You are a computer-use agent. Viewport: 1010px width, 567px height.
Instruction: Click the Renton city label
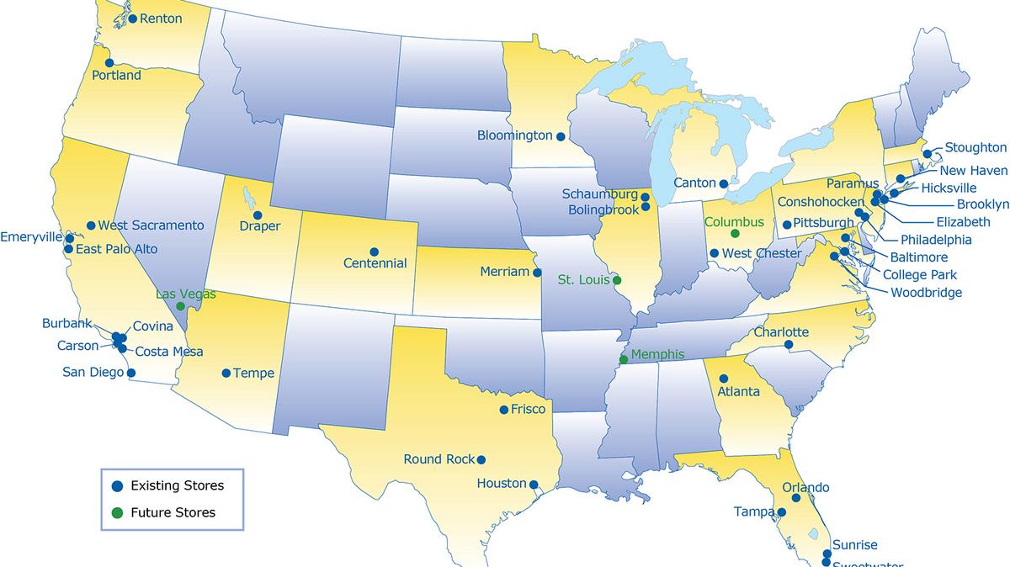(160, 18)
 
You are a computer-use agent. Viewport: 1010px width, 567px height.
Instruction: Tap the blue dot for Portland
(107, 62)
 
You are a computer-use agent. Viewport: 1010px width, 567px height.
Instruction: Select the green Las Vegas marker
(180, 307)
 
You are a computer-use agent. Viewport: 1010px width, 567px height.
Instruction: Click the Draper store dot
(258, 215)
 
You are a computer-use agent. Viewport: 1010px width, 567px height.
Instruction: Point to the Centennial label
(375, 263)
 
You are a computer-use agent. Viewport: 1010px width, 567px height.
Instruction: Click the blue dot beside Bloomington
(561, 136)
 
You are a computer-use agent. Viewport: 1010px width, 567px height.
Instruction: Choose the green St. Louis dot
(617, 280)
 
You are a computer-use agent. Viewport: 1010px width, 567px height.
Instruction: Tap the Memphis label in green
(657, 354)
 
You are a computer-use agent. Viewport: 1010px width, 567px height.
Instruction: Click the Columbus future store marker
(735, 233)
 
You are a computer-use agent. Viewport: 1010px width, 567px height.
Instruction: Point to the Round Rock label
(439, 459)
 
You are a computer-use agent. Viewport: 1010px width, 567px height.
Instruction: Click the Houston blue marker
(534, 484)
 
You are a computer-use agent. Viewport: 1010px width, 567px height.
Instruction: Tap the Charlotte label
(781, 331)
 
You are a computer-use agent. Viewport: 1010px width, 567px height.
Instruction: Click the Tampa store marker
(781, 511)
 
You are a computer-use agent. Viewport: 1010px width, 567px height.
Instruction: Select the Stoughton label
(975, 147)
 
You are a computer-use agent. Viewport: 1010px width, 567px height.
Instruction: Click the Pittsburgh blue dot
(786, 225)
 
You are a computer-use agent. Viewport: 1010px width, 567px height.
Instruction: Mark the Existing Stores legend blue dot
(118, 485)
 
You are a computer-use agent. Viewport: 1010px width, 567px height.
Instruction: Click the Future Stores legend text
(173, 512)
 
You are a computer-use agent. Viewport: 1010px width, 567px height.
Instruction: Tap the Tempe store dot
(226, 374)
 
